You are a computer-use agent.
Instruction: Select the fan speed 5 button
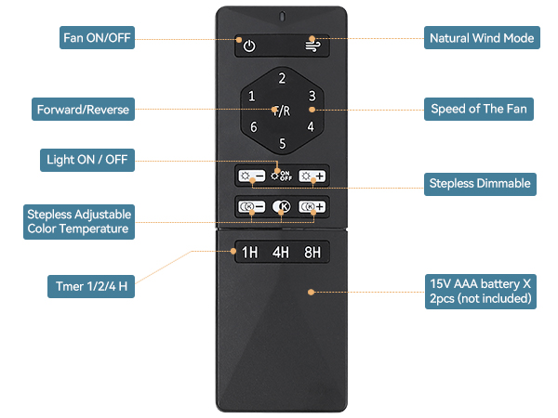tap(282, 143)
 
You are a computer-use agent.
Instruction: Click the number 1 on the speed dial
tap(252, 96)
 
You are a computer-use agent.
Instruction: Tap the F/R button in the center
tap(281, 111)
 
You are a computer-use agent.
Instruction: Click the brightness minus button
tap(251, 176)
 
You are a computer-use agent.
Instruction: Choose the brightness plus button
tap(312, 176)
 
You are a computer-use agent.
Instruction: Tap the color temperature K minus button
tap(251, 207)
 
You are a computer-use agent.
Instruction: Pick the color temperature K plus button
tap(312, 207)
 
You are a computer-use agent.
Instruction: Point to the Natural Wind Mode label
tap(481, 38)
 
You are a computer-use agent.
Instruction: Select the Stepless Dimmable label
tap(479, 183)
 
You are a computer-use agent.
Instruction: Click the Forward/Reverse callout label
tap(83, 110)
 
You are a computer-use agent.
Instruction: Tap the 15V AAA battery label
tap(480, 291)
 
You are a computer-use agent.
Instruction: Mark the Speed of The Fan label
tap(479, 109)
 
